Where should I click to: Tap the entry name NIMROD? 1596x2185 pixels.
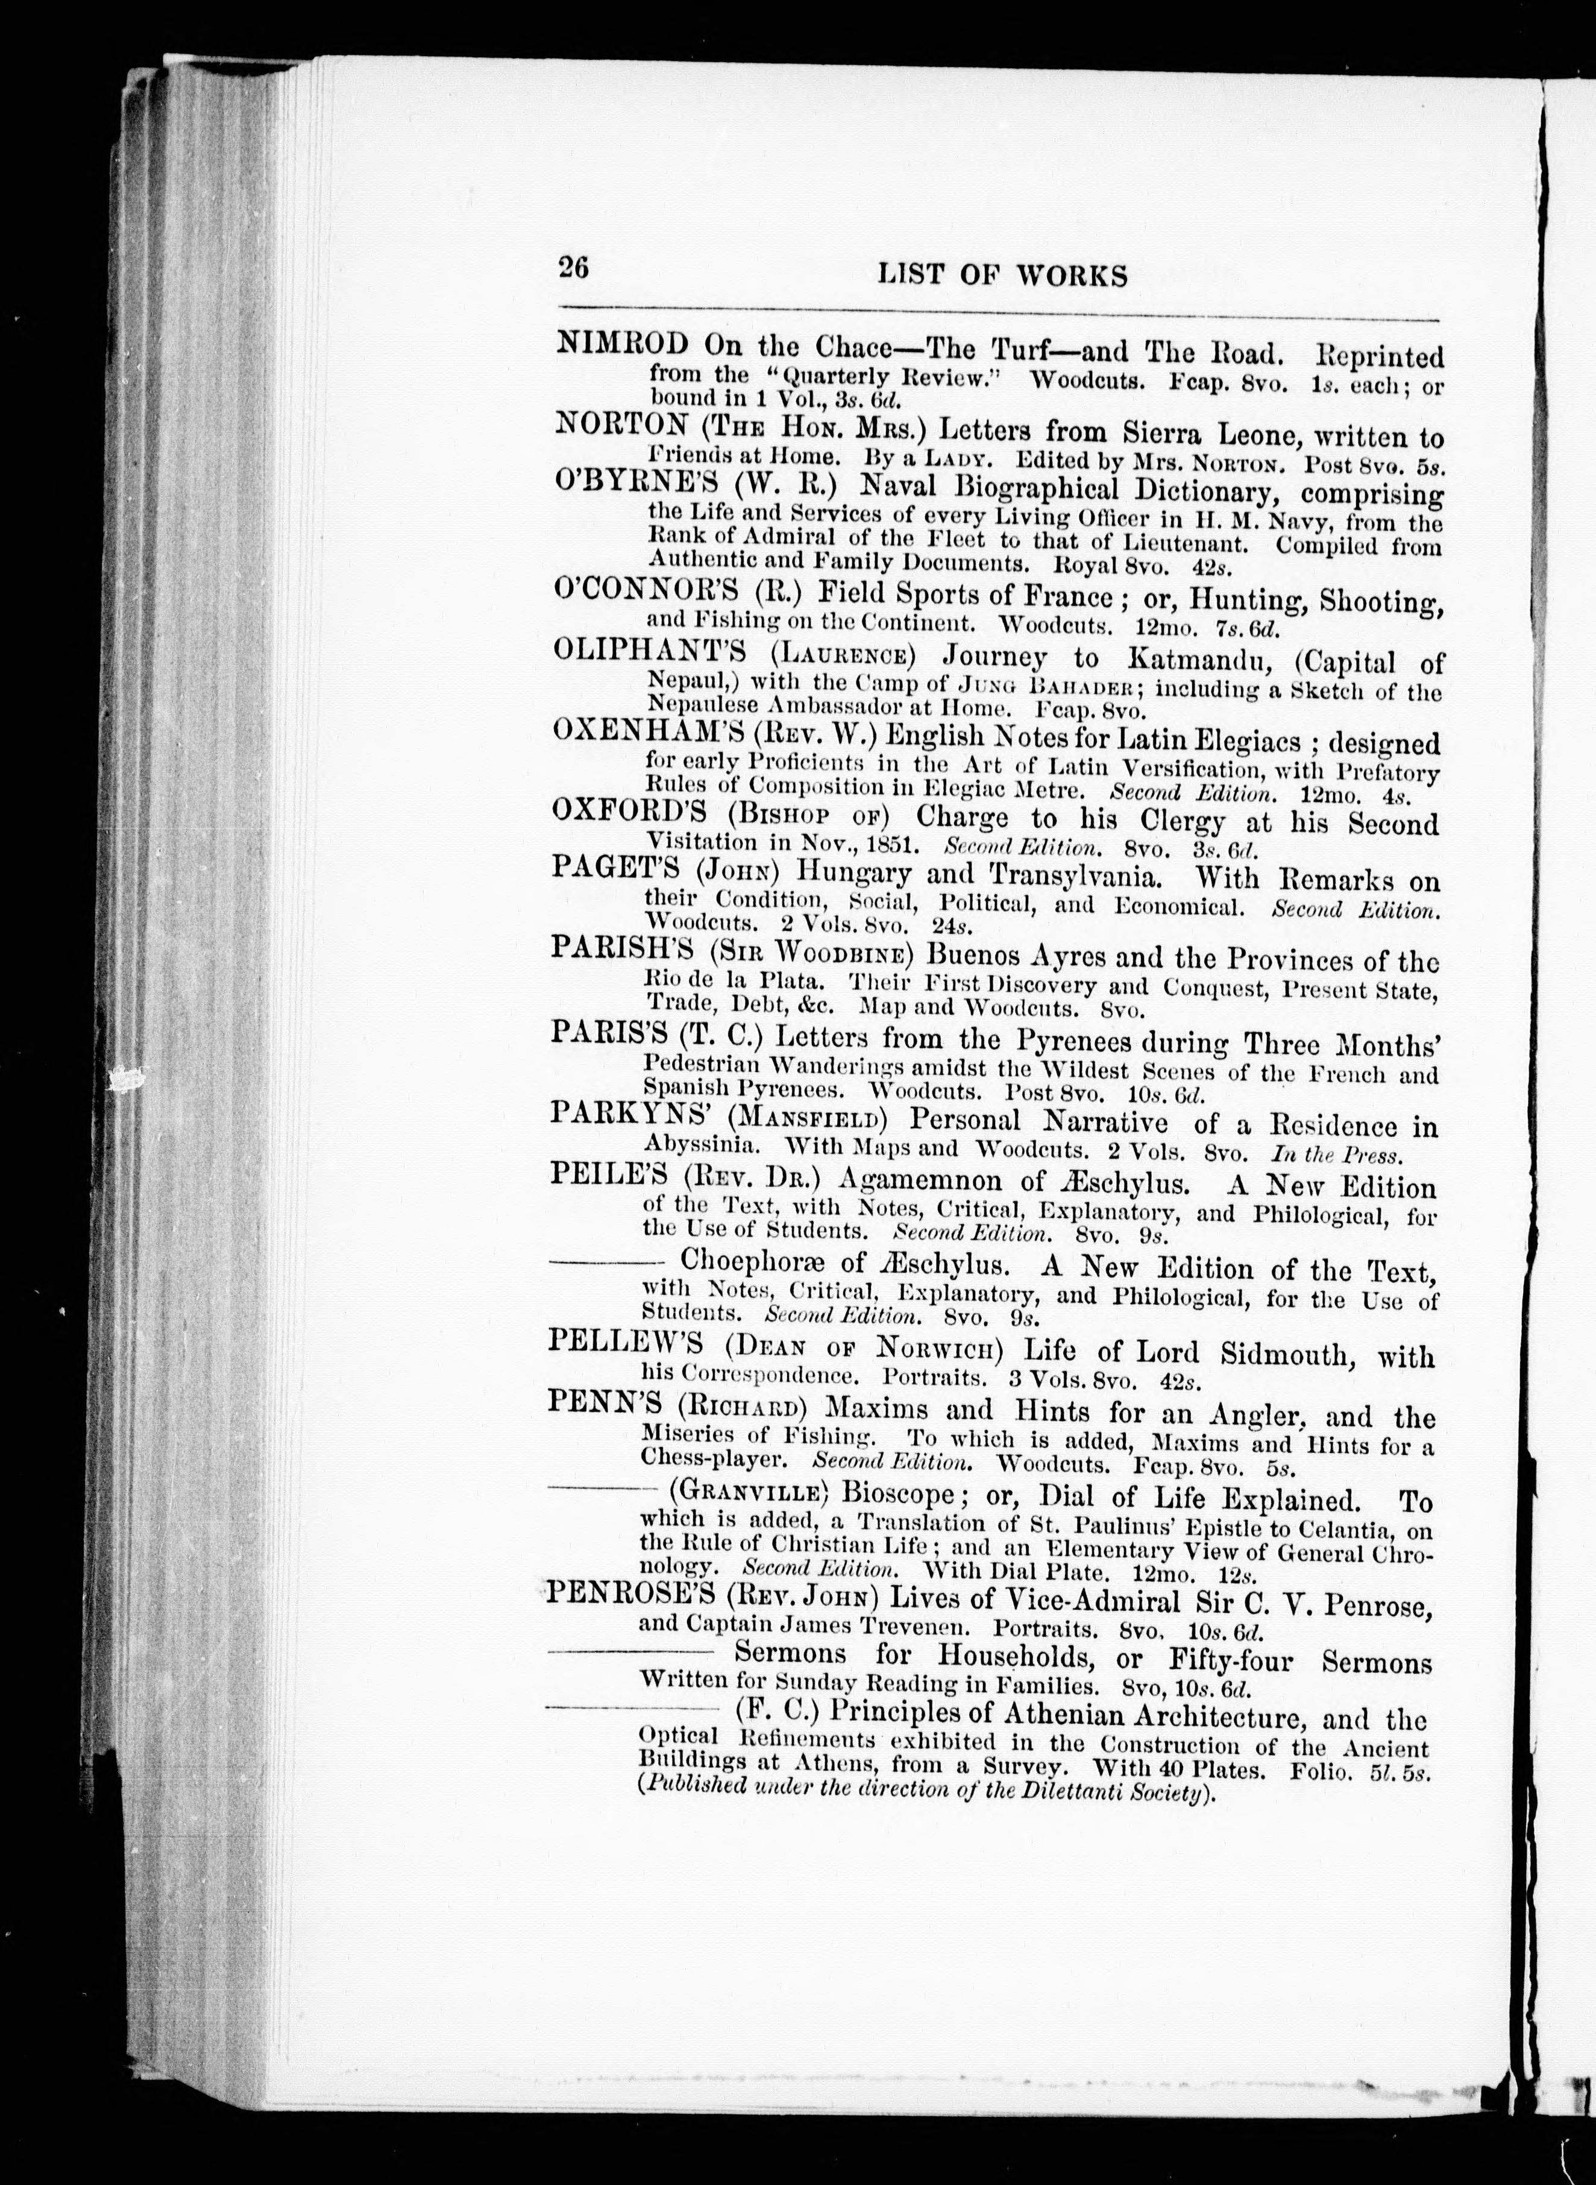623,344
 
